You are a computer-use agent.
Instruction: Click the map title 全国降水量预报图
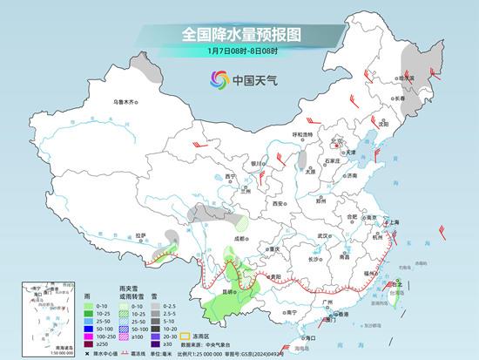[240, 35]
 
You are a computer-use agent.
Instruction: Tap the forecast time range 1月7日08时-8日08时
[240, 54]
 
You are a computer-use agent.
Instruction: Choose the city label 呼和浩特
[303, 134]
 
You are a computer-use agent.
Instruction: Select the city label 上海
[395, 222]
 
